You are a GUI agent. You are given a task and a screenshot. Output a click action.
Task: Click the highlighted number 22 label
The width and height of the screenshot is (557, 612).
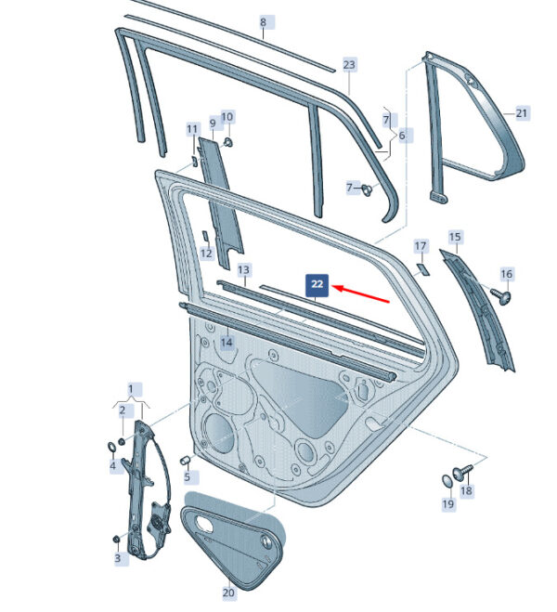tap(317, 285)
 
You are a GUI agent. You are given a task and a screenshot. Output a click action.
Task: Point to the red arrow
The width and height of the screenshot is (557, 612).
tap(360, 294)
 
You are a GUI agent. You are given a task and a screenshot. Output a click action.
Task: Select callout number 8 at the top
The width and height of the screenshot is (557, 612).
tap(263, 22)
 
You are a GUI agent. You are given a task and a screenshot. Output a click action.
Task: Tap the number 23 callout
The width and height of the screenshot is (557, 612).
tap(349, 64)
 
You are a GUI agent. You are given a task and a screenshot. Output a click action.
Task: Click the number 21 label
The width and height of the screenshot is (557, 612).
tap(522, 113)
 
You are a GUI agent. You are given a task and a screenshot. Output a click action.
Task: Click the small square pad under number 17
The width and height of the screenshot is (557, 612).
tap(422, 269)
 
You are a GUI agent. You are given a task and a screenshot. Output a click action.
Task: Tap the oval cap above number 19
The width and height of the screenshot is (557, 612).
tap(447, 480)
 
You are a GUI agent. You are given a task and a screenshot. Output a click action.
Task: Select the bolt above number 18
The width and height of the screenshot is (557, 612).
tap(461, 472)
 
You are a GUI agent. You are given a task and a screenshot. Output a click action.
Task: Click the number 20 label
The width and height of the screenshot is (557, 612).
tap(228, 592)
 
